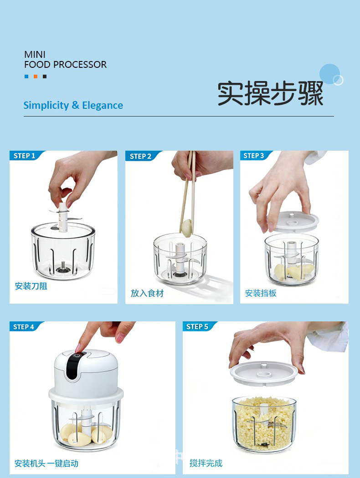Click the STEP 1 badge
point(26,156)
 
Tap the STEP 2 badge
point(142,156)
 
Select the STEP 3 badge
point(255,156)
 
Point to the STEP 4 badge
point(25,326)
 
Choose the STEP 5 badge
point(199,326)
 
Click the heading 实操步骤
point(270,93)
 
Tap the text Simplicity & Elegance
point(73,105)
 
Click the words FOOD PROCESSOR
point(65,64)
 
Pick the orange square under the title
point(36,76)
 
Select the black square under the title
point(45,76)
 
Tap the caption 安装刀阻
point(31,286)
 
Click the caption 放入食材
point(147,293)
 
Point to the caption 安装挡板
point(261,293)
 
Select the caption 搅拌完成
point(206,463)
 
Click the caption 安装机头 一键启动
point(46,463)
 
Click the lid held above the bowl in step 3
point(293,221)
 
